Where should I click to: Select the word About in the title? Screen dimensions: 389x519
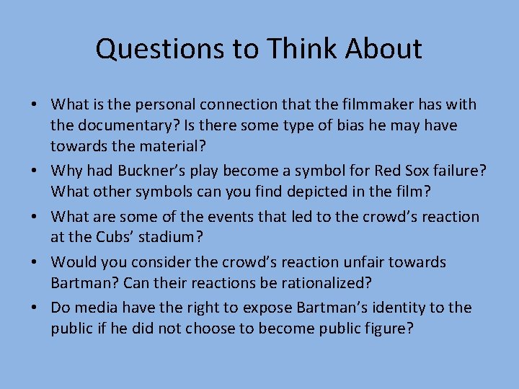pos(383,49)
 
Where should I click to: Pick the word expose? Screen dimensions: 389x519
pos(259,308)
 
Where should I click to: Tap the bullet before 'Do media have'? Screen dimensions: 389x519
pos(35,308)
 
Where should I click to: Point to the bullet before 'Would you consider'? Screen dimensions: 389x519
pos(35,262)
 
